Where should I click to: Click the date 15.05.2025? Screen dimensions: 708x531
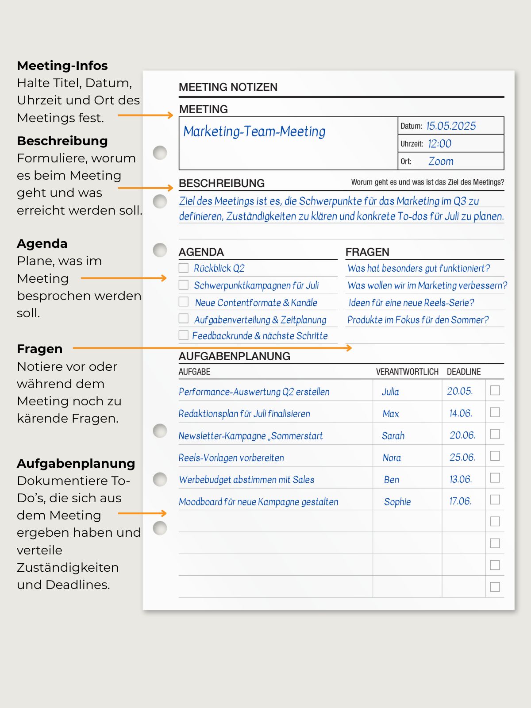tap(451, 126)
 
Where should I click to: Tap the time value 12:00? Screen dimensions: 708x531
tap(439, 144)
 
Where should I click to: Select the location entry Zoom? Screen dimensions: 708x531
tap(441, 162)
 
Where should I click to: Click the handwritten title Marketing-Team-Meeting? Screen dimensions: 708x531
tap(254, 131)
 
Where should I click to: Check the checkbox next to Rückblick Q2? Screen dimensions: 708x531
tap(184, 268)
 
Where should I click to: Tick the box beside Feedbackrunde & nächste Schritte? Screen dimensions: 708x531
tap(184, 335)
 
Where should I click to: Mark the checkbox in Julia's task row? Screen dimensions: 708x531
tap(495, 390)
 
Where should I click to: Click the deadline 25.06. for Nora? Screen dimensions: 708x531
tap(462, 458)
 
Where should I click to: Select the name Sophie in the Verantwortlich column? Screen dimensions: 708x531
tap(397, 502)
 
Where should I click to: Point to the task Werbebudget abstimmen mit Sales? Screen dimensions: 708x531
tap(246, 480)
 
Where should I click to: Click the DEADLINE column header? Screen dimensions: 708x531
tap(463, 372)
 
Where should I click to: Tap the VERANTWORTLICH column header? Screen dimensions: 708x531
tap(407, 372)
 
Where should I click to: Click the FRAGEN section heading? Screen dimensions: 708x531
tap(367, 252)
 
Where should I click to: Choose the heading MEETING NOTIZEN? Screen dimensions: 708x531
tap(228, 87)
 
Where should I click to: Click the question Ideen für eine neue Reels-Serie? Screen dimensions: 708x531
tap(411, 303)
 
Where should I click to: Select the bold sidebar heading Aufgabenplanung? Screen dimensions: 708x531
tap(76, 463)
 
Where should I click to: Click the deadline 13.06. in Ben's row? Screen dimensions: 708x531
tap(460, 480)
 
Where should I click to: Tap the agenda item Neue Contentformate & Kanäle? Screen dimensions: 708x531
tap(256, 303)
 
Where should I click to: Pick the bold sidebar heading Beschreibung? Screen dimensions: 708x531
tap(62, 141)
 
